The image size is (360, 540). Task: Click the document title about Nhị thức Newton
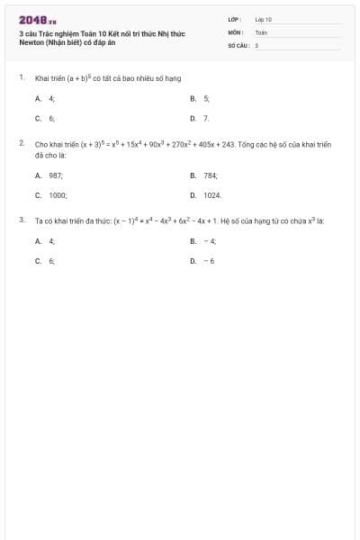101,38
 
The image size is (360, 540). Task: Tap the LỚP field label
235,19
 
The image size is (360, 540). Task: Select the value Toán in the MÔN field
261,31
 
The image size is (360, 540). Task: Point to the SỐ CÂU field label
238,44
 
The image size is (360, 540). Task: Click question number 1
21,78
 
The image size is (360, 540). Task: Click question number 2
21,142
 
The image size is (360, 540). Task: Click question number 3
21,219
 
